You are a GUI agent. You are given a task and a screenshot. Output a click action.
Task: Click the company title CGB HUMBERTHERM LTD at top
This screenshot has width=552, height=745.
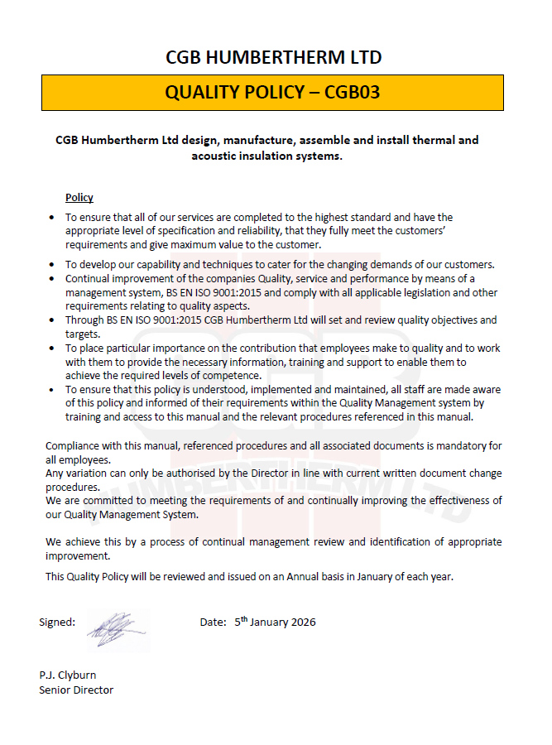[x=273, y=57]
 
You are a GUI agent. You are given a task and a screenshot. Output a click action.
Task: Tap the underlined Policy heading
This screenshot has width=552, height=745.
[x=79, y=198]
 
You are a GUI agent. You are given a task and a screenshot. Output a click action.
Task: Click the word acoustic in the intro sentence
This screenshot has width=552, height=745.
[x=218, y=156]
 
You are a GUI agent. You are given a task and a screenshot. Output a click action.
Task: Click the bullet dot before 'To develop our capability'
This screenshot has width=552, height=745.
[x=52, y=265]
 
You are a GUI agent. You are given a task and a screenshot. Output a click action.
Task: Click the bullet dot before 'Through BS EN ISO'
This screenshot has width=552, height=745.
[x=52, y=320]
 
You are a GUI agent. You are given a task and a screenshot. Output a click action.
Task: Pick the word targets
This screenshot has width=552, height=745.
[x=82, y=333]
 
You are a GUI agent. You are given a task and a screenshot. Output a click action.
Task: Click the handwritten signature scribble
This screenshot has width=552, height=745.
[x=111, y=630]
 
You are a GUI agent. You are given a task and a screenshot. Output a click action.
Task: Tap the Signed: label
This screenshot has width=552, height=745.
[x=57, y=622]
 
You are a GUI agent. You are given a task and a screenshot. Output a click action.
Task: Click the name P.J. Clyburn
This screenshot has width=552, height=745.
[x=67, y=675]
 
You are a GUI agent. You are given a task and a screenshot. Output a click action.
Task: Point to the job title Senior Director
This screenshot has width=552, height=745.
[x=76, y=690]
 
